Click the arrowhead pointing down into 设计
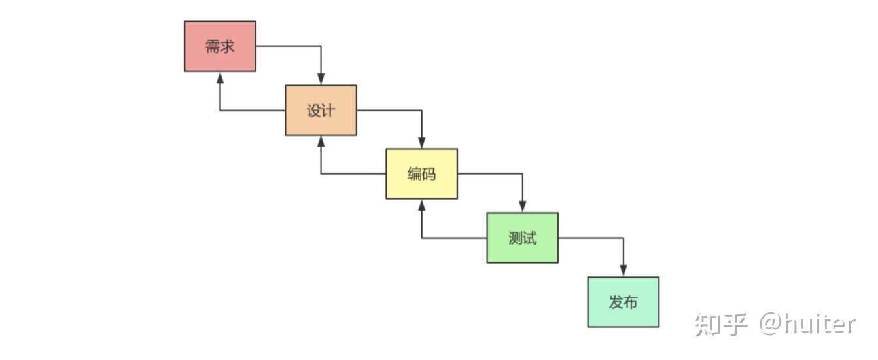pos(321,80)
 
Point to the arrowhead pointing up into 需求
pos(220,77)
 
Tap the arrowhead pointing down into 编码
pos(421,143)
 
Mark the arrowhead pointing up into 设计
pos(321,141)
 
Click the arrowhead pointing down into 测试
pos(522,207)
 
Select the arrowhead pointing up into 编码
pos(421,205)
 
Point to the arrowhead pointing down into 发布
pos(623,272)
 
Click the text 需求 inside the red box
pos(220,46)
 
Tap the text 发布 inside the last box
pos(623,302)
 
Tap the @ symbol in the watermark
pos(772,324)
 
